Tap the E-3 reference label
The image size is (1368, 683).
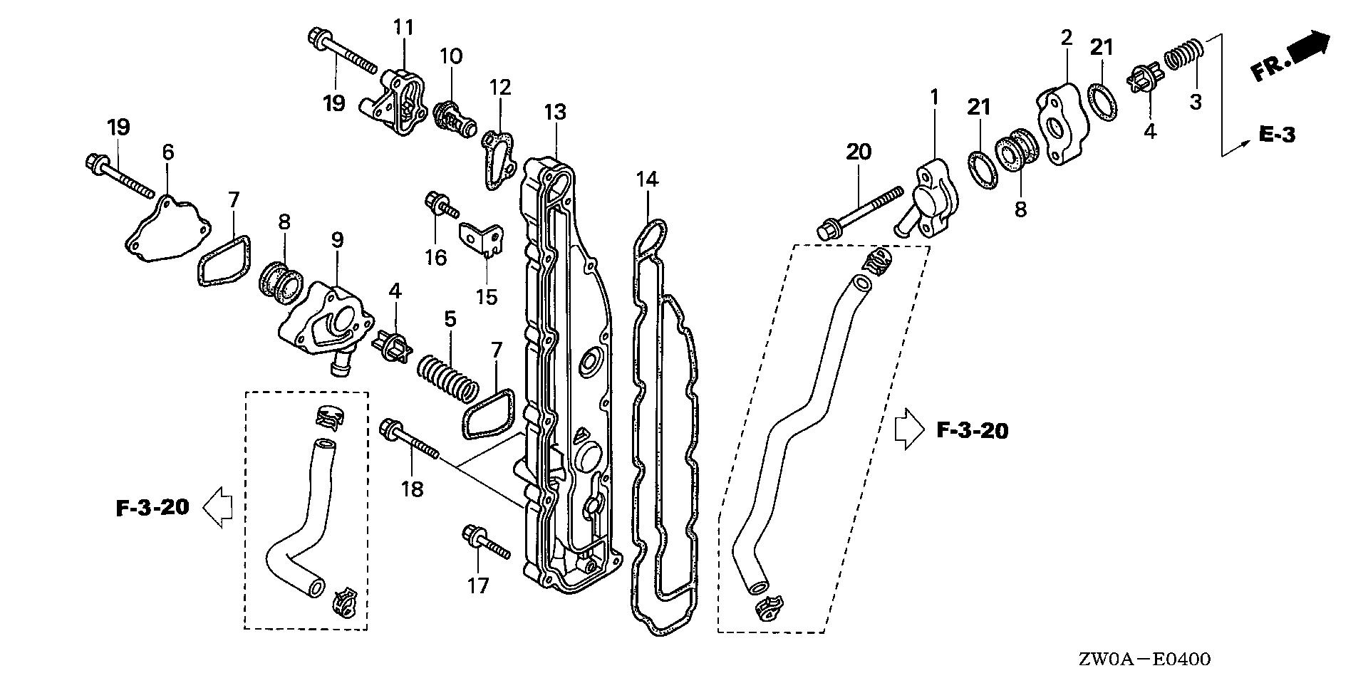[x=1276, y=134]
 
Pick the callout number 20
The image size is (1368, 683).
[x=859, y=152]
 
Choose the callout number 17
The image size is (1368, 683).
[x=478, y=585]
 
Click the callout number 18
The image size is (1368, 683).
[x=413, y=489]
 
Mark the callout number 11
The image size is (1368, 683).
[x=403, y=28]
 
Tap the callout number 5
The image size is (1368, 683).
[x=450, y=319]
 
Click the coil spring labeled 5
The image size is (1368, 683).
[x=447, y=377]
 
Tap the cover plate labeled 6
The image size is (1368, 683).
[x=167, y=227]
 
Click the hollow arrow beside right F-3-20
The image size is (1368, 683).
[x=907, y=429]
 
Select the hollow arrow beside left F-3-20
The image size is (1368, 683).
[x=218, y=508]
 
